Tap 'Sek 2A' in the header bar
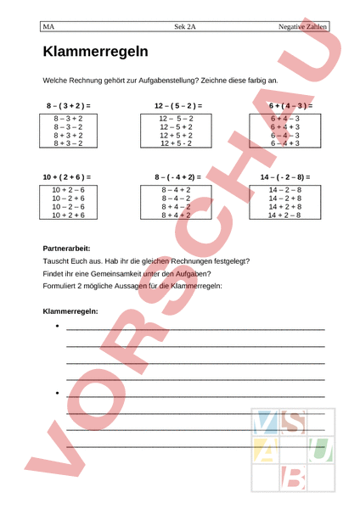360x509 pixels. click(185, 27)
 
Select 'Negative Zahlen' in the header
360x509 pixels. click(303, 27)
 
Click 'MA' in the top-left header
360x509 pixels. click(48, 27)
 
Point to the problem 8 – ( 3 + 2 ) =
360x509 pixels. click(68, 105)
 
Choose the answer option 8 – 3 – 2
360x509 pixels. click(68, 126)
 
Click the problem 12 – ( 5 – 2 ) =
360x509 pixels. click(177, 105)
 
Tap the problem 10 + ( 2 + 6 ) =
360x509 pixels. click(68, 176)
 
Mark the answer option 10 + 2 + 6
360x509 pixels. click(68, 215)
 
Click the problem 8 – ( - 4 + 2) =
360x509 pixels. click(177, 176)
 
